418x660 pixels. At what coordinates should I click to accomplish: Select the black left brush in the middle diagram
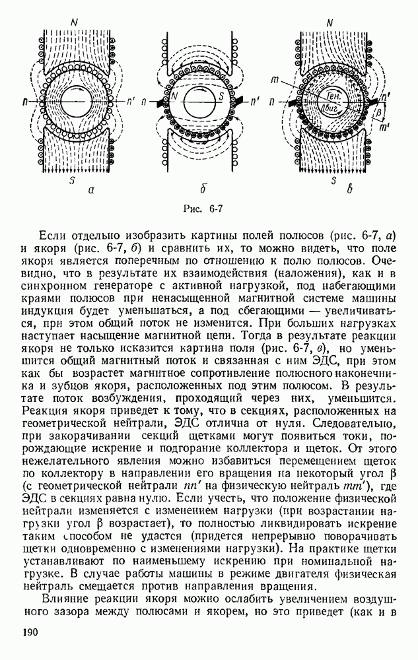coord(158,104)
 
